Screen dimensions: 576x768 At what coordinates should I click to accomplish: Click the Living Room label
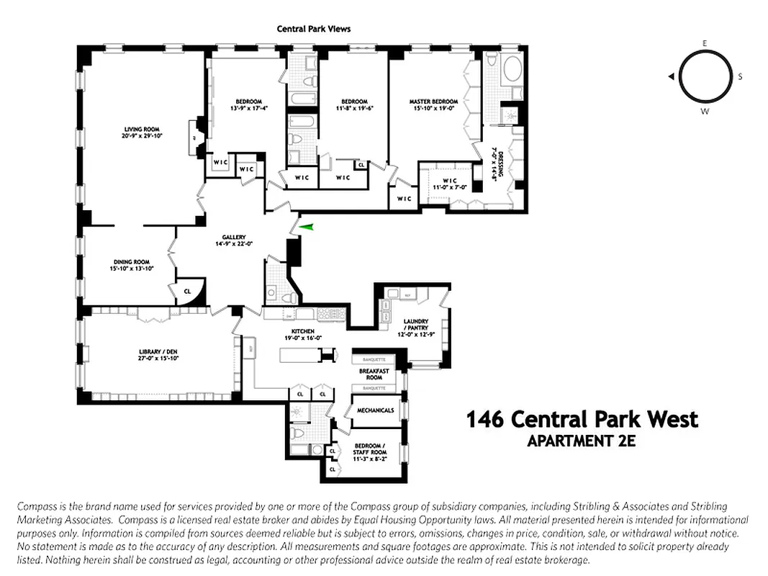click(x=140, y=130)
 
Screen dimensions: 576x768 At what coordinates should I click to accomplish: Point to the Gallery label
click(x=234, y=237)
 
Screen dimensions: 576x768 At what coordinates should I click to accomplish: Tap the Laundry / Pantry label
click(x=416, y=325)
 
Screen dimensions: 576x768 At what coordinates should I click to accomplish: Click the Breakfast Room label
click(x=374, y=374)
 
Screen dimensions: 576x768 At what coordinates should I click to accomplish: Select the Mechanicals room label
click(x=375, y=410)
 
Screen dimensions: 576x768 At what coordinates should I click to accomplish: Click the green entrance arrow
click(x=307, y=227)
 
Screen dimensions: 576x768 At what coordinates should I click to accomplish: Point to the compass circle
click(x=705, y=77)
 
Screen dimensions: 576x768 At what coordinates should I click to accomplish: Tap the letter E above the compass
click(x=705, y=43)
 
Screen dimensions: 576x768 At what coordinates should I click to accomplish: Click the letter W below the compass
click(x=705, y=112)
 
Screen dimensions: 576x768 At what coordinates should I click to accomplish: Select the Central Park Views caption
click(x=314, y=29)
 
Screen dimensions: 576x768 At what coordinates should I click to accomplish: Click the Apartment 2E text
click(x=582, y=441)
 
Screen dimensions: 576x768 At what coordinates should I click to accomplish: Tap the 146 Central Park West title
click(x=582, y=419)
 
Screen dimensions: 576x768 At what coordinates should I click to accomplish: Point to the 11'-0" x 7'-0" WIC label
click(x=451, y=184)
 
